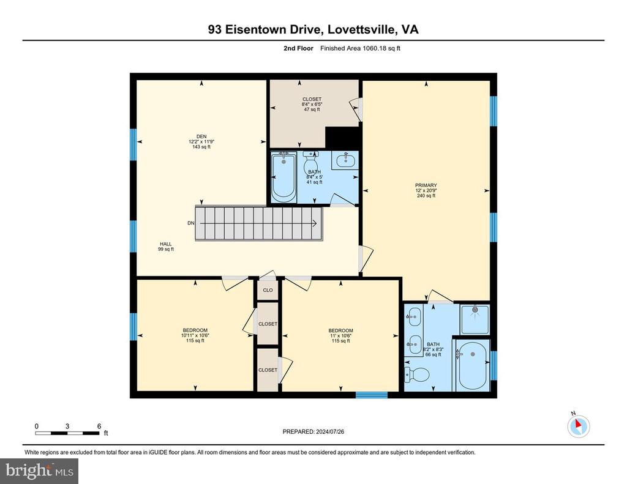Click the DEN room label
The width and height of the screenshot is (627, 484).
coord(201,136)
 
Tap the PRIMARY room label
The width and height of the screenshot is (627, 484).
coord(426,185)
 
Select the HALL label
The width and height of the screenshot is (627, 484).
coord(166,244)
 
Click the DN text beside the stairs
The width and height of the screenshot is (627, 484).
coord(191,223)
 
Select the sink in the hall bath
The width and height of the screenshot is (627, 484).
coord(345,161)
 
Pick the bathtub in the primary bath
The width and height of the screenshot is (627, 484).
coord(472,365)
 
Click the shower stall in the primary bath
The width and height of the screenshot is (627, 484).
coord(475,319)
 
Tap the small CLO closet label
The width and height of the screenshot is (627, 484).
coord(268,290)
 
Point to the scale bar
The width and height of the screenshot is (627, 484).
coord(67,433)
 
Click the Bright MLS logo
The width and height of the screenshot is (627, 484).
coord(39,471)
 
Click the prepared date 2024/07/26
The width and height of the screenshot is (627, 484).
coord(330,431)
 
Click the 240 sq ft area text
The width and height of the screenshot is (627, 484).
coord(426,196)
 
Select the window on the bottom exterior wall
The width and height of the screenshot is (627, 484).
coord(372,395)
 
